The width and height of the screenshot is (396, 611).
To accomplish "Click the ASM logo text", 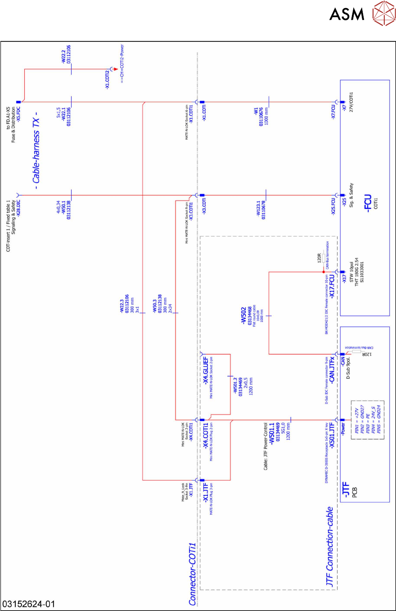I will point(346,14).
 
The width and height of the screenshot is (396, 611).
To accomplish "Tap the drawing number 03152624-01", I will point(29,604).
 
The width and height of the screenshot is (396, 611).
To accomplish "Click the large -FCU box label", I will point(369,203).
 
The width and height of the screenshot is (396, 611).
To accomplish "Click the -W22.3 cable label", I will point(122,307).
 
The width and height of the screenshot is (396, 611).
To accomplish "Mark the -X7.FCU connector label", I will point(333,111).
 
